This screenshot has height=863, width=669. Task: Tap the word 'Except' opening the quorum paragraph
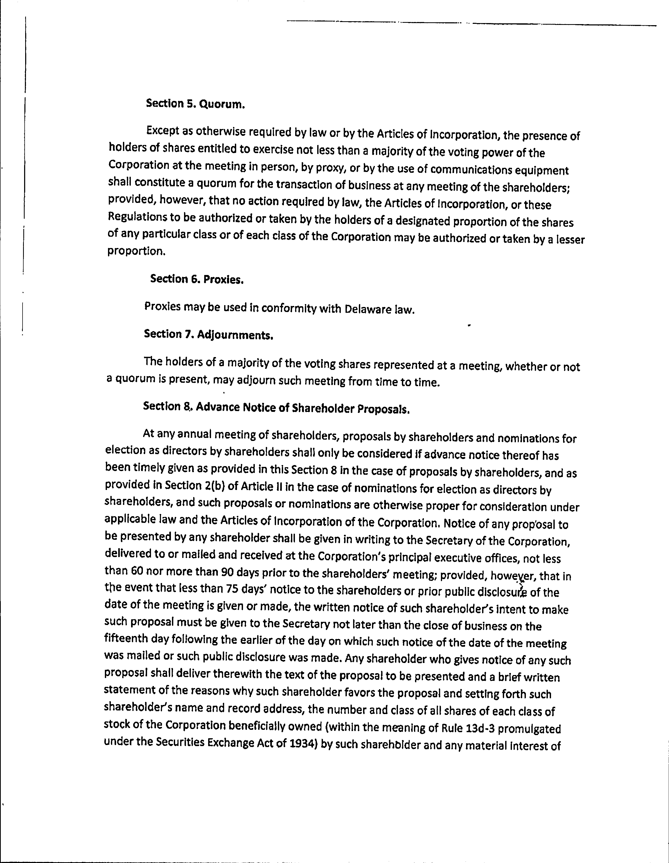pyautogui.click(x=163, y=130)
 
